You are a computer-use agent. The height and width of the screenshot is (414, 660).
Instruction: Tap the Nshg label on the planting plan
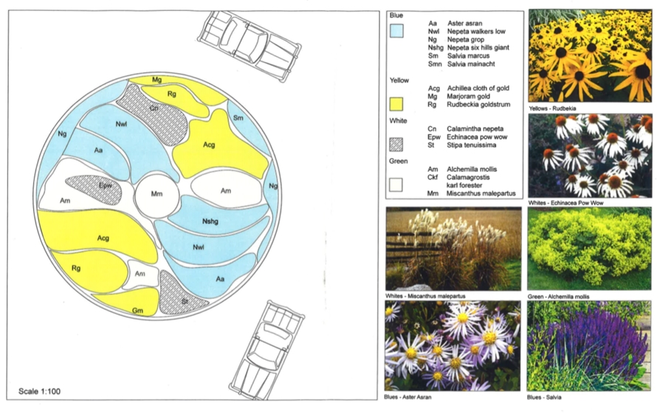(x=210, y=221)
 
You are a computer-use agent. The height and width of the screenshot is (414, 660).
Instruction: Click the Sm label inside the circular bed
(x=238, y=118)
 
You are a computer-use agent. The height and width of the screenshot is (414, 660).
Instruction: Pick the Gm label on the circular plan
(x=137, y=311)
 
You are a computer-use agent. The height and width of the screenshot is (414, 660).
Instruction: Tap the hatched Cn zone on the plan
(x=151, y=114)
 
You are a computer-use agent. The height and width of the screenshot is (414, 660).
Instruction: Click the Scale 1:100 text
(x=40, y=391)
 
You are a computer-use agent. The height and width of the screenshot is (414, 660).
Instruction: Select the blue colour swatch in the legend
(x=396, y=31)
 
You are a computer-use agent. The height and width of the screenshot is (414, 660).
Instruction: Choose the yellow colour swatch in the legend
(x=396, y=104)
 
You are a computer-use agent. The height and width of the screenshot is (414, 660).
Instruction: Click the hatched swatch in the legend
(x=396, y=145)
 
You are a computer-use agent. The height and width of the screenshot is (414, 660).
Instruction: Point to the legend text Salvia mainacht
(x=471, y=64)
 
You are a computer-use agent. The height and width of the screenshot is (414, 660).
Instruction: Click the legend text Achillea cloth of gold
(x=478, y=89)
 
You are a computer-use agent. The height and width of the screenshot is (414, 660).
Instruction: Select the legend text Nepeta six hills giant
(x=478, y=47)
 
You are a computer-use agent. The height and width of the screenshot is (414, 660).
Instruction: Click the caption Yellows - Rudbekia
(x=552, y=108)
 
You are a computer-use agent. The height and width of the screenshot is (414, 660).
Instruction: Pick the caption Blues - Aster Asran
(x=408, y=397)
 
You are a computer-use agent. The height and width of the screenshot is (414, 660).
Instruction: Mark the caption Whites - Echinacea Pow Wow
(x=566, y=203)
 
